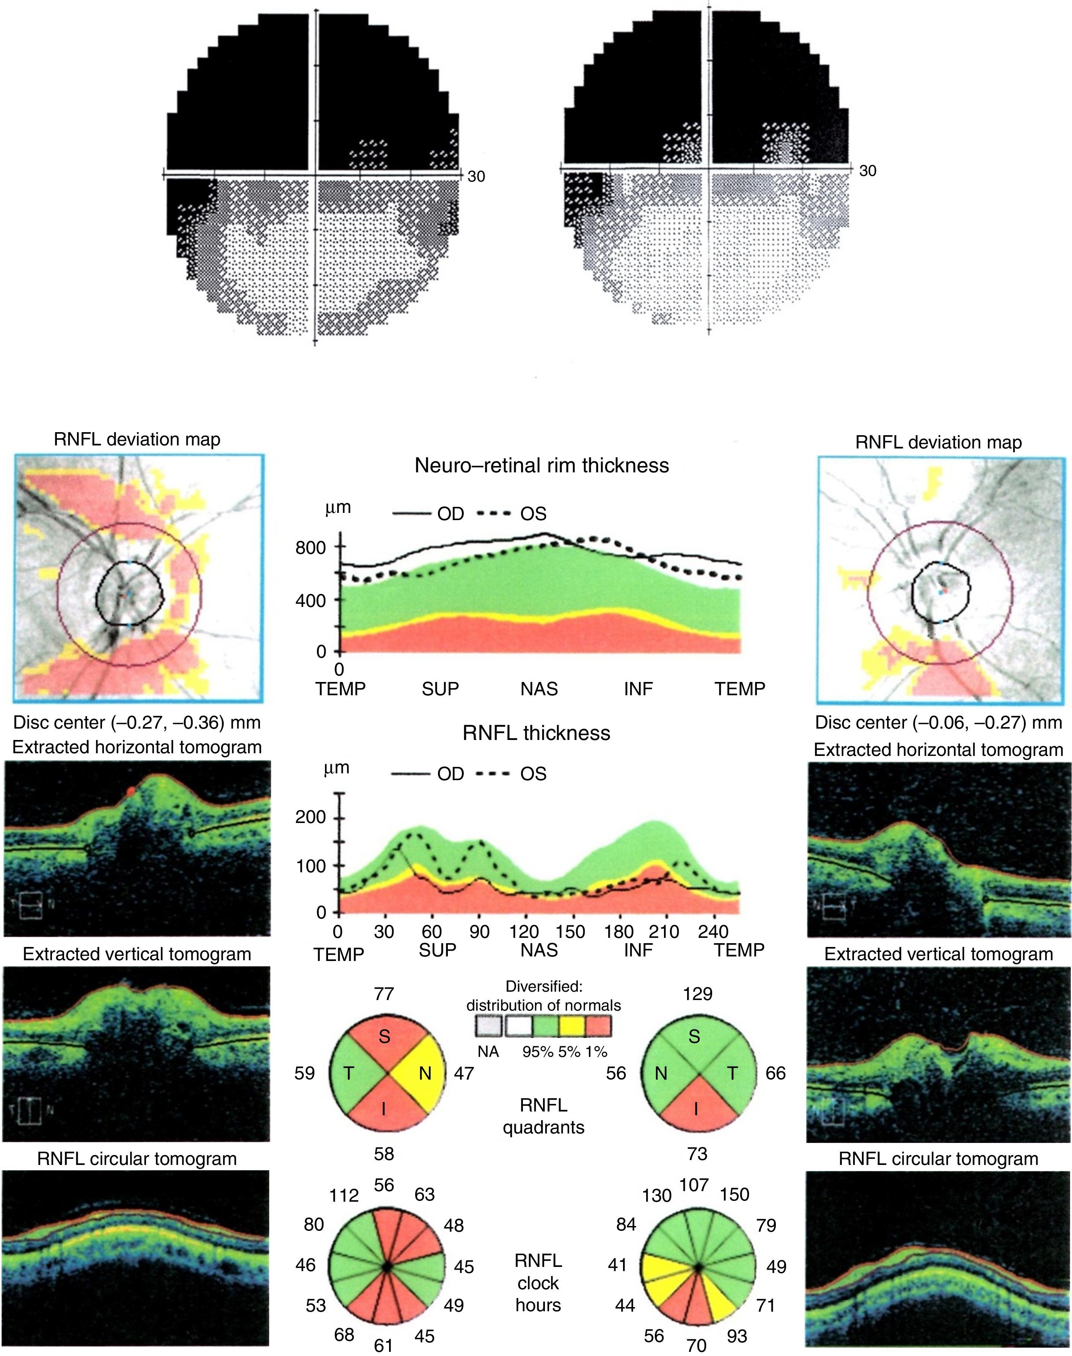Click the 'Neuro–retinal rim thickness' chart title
(541, 465)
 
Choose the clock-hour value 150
(735, 1194)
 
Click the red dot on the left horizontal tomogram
(130, 792)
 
